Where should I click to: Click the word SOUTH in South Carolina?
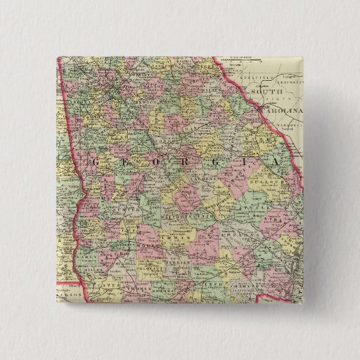coord(264,90)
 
